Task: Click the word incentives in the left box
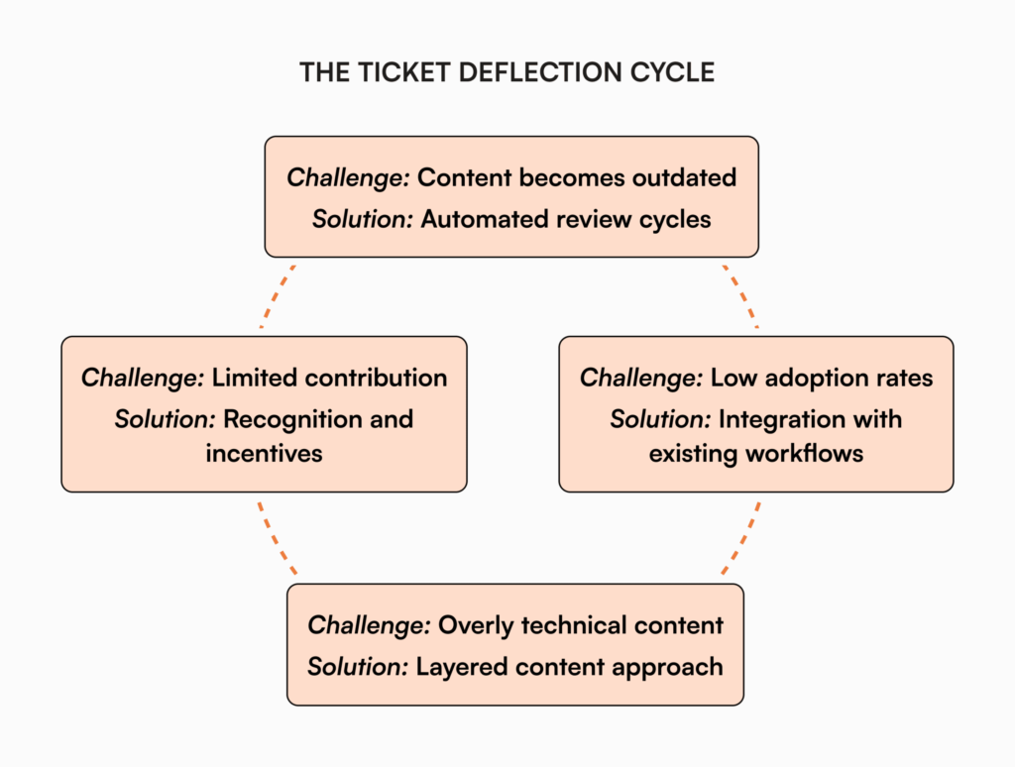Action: (x=264, y=454)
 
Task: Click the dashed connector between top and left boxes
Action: (x=278, y=295)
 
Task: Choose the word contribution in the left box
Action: (x=377, y=378)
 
